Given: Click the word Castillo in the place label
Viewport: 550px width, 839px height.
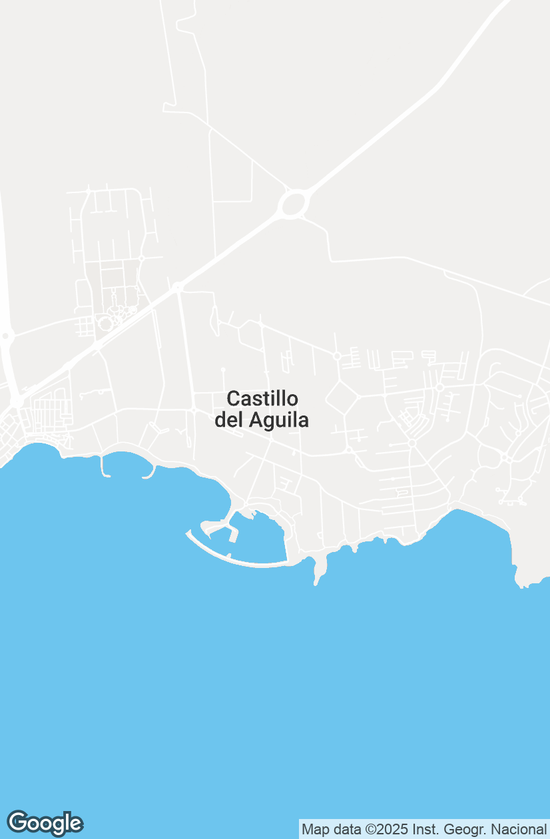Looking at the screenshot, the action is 262,399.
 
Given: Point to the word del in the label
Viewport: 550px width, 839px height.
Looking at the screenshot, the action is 229,421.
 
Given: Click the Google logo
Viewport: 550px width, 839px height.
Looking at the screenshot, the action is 45,823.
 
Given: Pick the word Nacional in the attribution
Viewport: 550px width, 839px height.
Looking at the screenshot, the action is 518,830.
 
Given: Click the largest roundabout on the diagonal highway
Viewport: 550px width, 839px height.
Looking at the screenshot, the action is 293,203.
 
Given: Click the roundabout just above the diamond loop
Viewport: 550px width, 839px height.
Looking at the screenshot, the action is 337,356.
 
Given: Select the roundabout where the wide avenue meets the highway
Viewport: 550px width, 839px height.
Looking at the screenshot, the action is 177,288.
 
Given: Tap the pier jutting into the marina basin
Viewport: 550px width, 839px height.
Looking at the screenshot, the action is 234,533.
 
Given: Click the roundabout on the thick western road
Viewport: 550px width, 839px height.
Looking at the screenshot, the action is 5,336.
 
